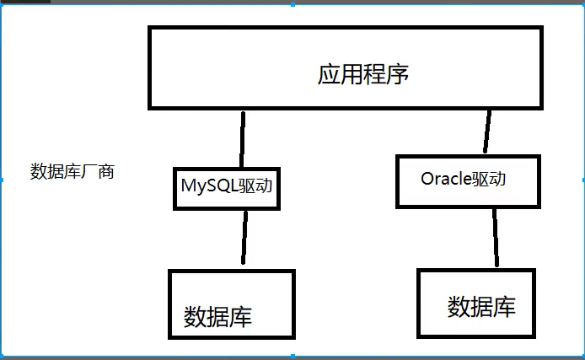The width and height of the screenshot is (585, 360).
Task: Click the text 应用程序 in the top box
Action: point(362,74)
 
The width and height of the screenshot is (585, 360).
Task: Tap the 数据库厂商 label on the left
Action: point(72,172)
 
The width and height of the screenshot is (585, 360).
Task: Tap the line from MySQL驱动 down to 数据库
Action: point(244,239)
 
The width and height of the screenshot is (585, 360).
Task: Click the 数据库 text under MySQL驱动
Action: point(217,317)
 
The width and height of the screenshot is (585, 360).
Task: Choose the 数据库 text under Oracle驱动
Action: point(481,306)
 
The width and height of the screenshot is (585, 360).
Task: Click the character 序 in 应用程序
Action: point(397,74)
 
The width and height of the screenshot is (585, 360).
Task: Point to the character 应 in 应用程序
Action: point(329,74)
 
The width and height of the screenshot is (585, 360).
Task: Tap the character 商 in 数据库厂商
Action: point(105,172)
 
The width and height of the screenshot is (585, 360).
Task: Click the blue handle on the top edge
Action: point(292,4)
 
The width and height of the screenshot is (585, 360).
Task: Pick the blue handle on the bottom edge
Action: point(292,357)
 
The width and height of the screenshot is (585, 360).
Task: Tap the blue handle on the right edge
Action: point(582,180)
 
